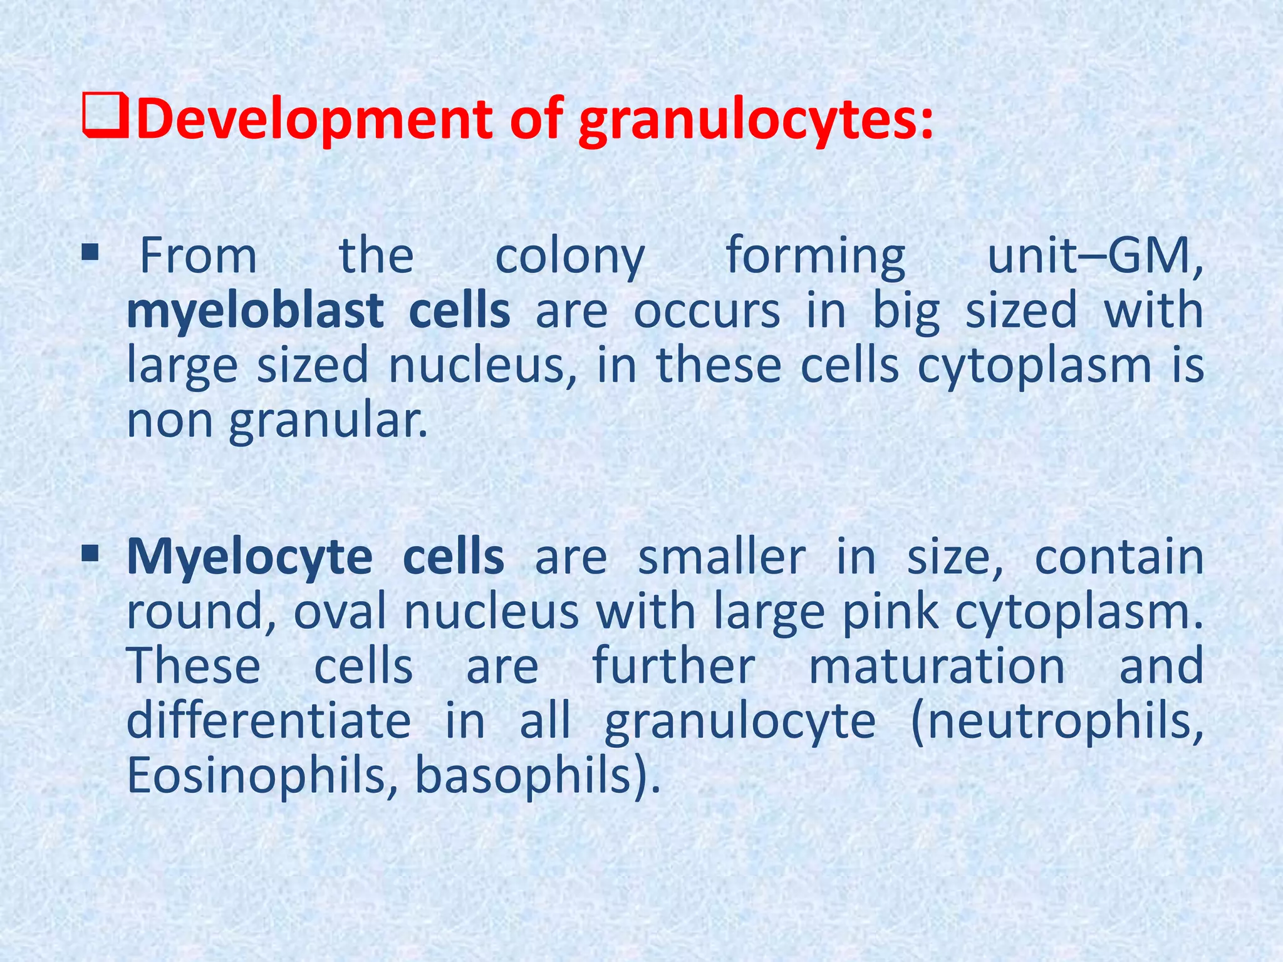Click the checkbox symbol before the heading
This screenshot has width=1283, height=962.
coord(105,117)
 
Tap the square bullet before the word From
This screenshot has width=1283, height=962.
coord(90,253)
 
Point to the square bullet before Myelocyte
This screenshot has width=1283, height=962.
coord(90,552)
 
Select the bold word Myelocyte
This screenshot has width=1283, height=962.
coord(249,557)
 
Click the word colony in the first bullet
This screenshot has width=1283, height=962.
coord(569,257)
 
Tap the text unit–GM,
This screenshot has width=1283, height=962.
coord(1095,257)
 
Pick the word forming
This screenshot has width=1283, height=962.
coord(816,257)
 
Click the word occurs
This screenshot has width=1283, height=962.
coord(707,311)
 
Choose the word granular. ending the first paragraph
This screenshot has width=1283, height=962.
coord(328,421)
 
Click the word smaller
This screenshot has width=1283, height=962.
coord(722,557)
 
